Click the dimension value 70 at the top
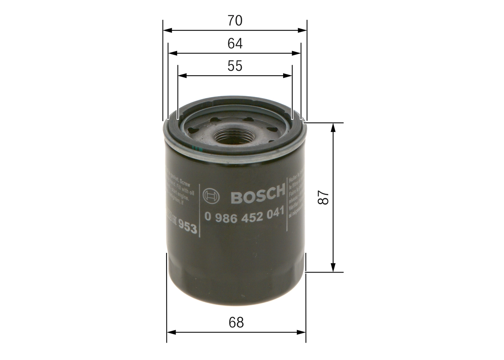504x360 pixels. coord(235,21)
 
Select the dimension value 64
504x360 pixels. coord(235,44)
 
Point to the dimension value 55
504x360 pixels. coord(235,66)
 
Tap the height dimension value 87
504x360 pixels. coord(323,197)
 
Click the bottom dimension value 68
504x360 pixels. coord(236,323)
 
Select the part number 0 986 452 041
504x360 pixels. coord(244,215)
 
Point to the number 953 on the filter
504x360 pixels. coord(187,227)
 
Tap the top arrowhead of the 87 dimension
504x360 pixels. coord(333,127)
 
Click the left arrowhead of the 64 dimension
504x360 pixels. coord(172,53)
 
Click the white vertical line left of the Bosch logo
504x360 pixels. coord(200,210)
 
